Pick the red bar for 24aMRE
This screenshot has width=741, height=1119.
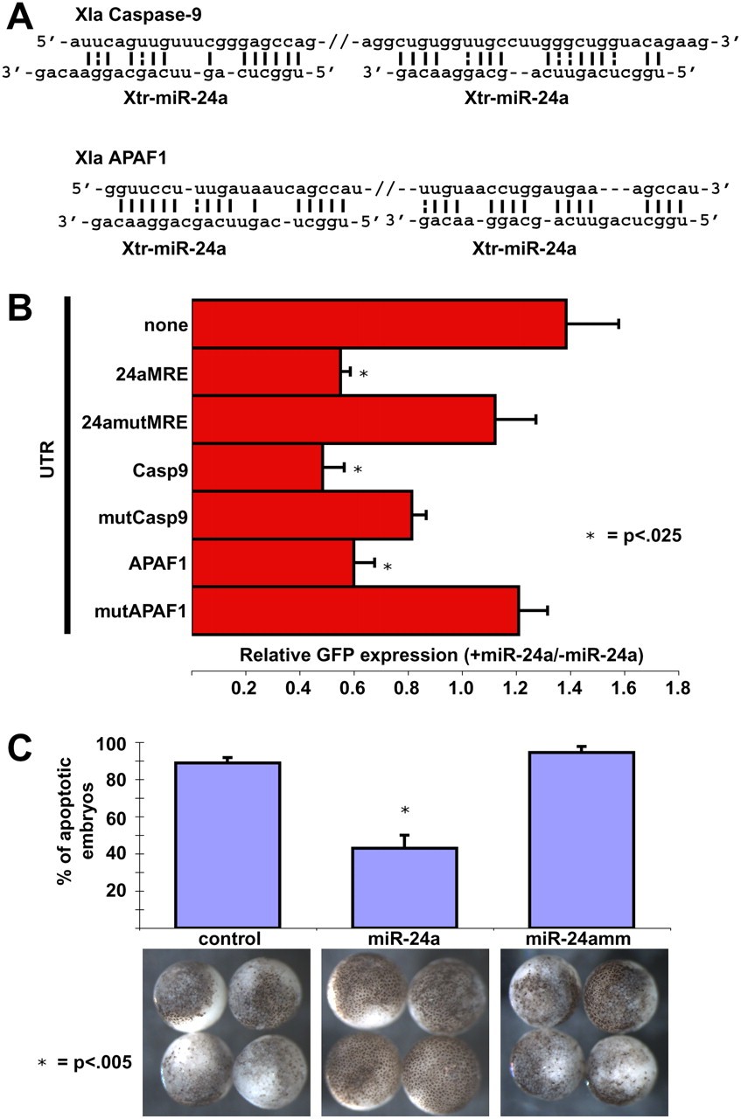click(266, 372)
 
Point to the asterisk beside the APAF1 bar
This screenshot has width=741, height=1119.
click(387, 567)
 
